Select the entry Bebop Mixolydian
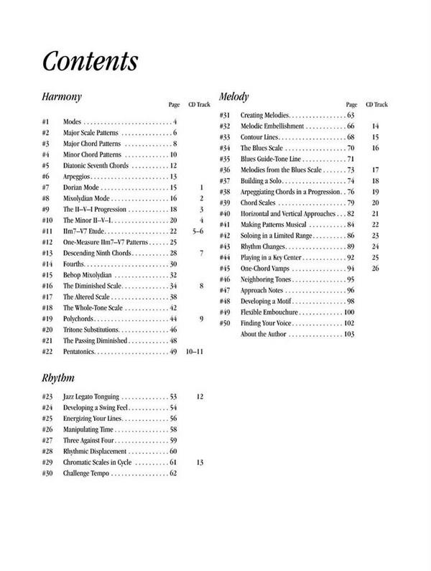pyautogui.click(x=89, y=275)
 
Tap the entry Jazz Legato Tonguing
pyautogui.click(x=91, y=396)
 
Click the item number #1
pyautogui.click(x=45, y=122)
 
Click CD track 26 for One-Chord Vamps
pyautogui.click(x=375, y=268)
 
